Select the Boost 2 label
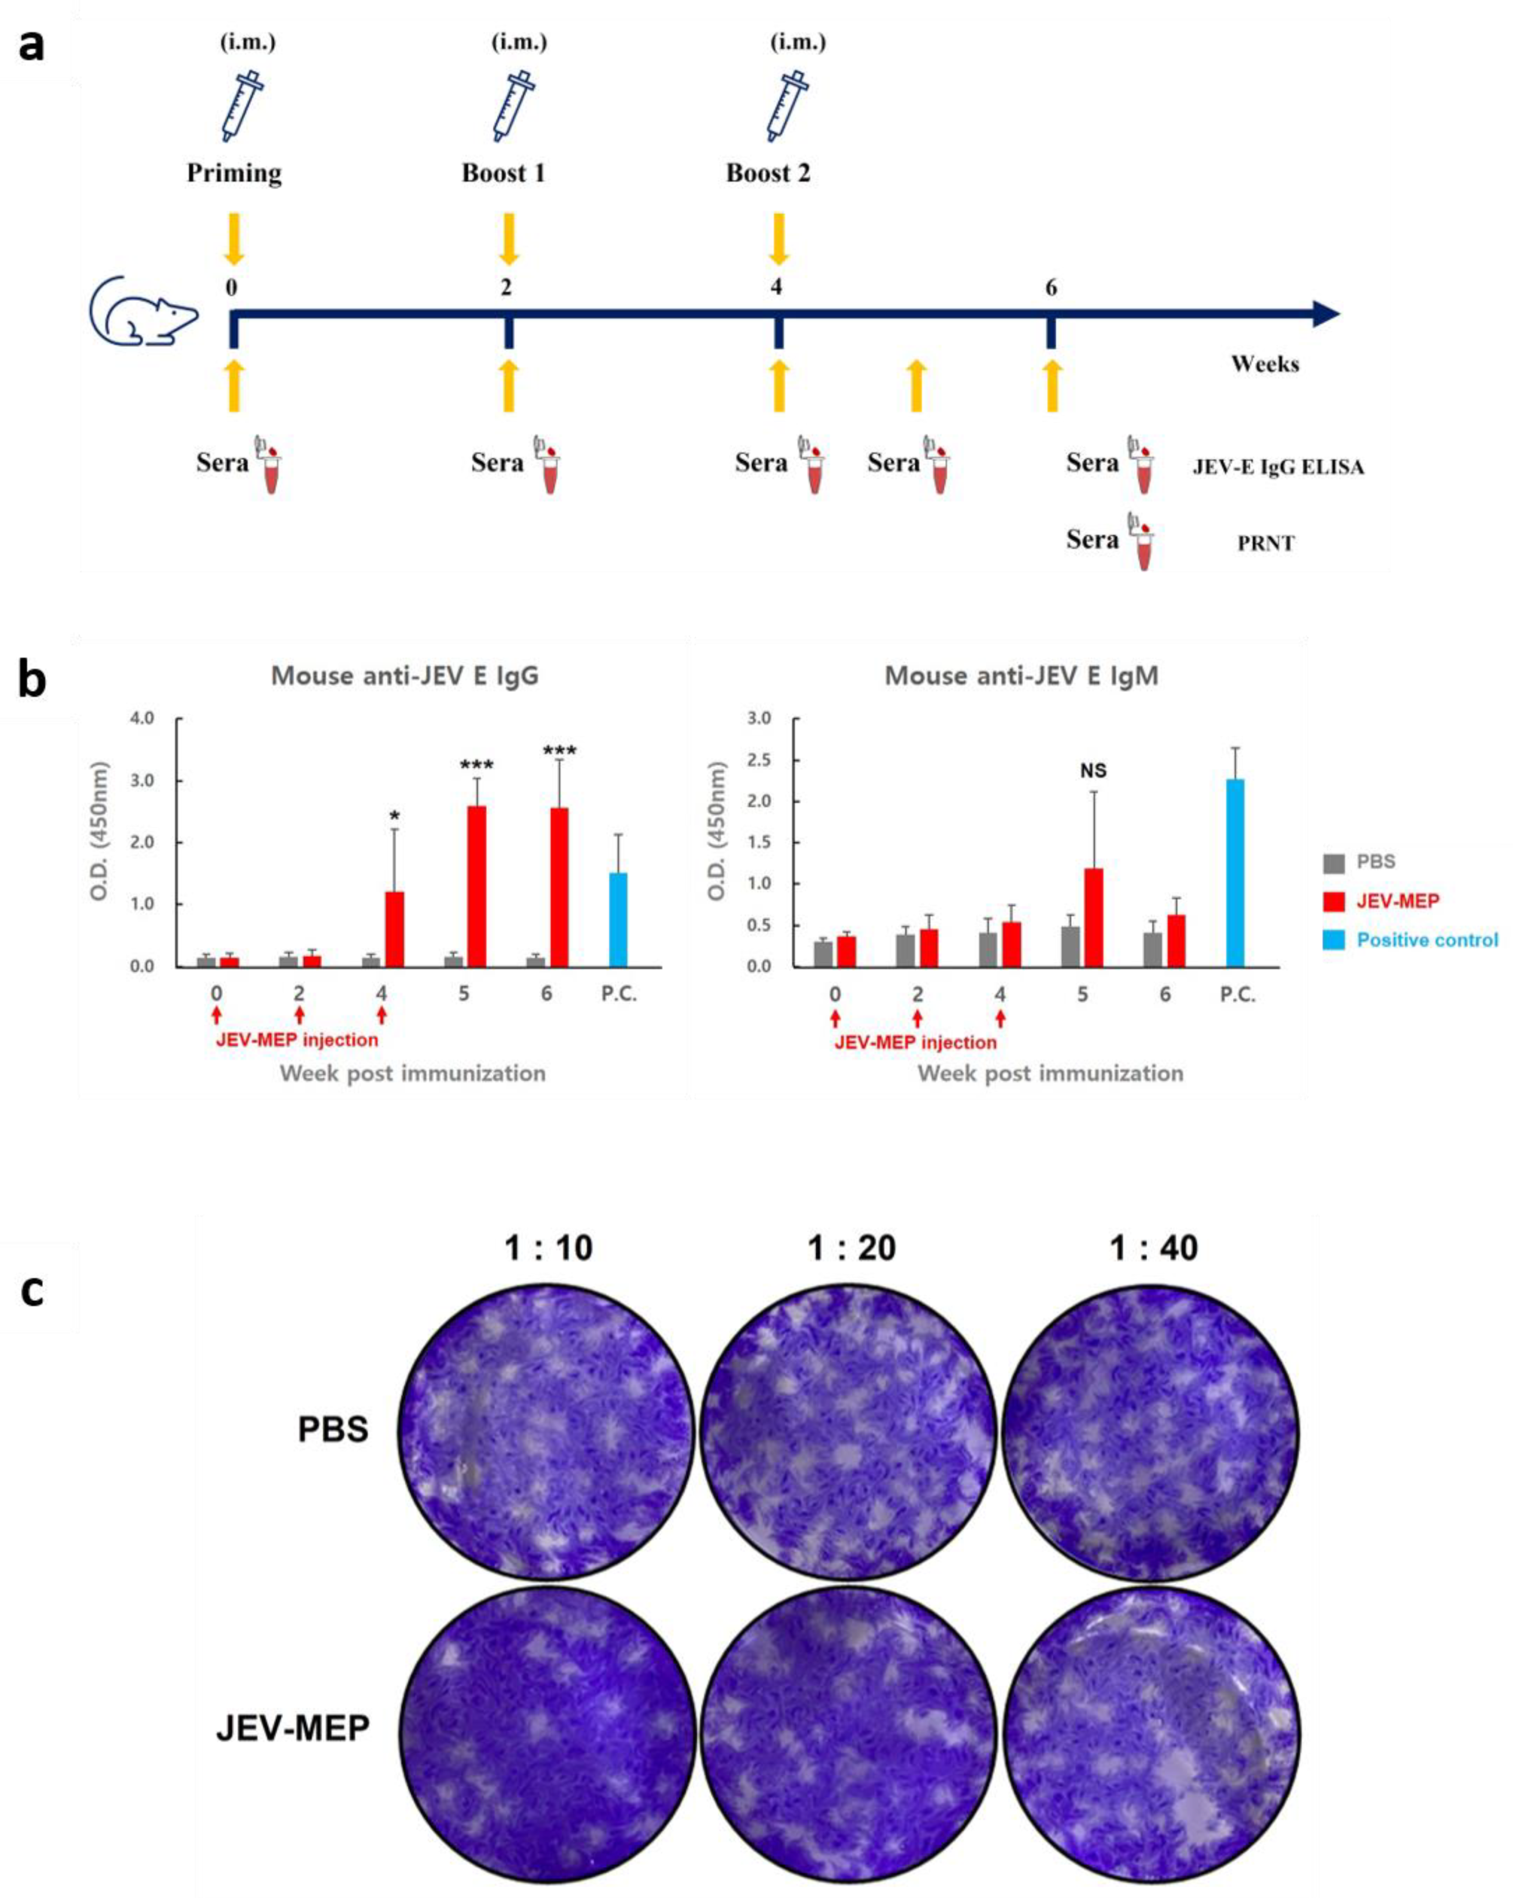[768, 173]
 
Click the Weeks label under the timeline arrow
[1264, 364]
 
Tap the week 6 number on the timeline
[1050, 288]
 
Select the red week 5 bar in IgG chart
[476, 886]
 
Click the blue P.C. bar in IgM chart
[1235, 872]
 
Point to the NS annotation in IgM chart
[1093, 771]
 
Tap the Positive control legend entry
[1426, 940]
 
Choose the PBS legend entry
[1375, 862]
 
